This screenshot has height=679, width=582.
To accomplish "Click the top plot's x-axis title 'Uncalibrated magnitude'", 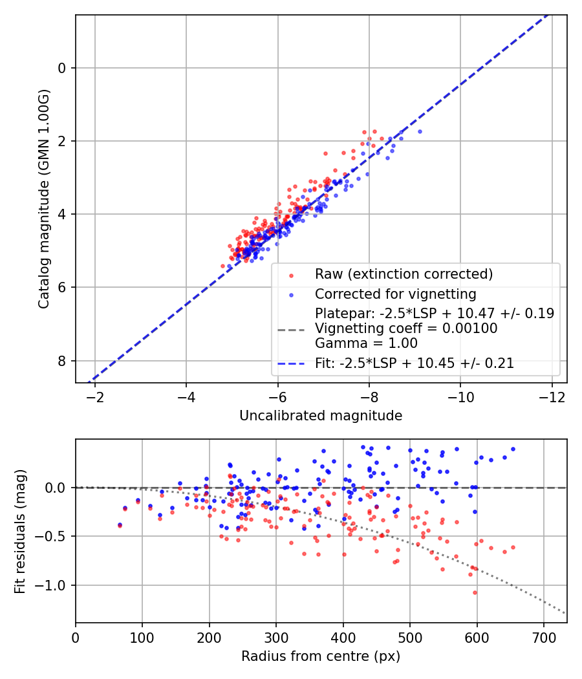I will click(x=321, y=416).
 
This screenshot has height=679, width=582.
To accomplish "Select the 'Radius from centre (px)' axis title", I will click(x=321, y=656).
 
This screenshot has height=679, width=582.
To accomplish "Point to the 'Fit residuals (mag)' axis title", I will click(x=20, y=531).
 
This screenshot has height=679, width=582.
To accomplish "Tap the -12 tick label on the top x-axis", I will click(x=552, y=395).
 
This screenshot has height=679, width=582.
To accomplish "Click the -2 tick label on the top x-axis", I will click(x=95, y=395).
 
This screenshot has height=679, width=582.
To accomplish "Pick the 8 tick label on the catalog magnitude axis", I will click(x=63, y=360).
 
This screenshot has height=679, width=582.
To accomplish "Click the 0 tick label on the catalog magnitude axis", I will click(x=63, y=68).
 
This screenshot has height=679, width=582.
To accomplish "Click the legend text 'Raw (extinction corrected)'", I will click(x=404, y=274).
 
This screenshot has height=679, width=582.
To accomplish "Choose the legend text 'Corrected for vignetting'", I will click(x=396, y=294).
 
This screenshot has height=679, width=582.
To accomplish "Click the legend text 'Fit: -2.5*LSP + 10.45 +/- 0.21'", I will click(x=415, y=363).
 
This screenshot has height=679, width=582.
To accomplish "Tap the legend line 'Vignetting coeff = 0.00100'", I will click(x=406, y=329).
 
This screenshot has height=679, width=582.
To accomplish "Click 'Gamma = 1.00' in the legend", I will click(x=366, y=343).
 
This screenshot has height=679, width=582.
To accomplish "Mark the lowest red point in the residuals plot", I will click(x=474, y=592).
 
